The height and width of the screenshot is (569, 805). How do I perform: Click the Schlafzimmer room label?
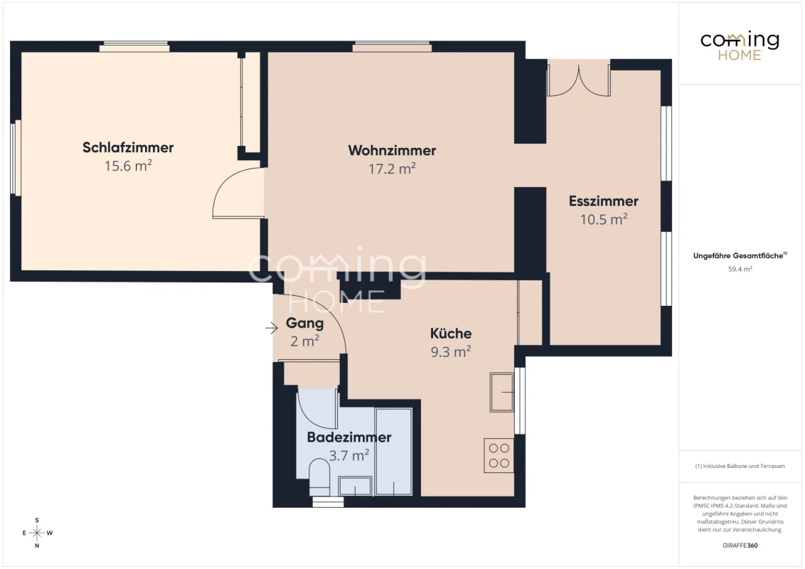point(128,148)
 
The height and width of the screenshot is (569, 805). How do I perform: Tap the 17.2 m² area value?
point(392,169)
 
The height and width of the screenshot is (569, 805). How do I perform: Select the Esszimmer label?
point(603,201)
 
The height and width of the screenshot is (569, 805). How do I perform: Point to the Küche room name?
point(451,334)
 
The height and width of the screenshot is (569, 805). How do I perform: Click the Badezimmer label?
point(349,437)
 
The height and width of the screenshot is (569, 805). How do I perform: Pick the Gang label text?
point(305,324)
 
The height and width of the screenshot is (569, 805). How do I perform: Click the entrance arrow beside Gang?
point(272,328)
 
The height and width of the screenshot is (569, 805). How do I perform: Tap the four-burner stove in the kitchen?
point(499,455)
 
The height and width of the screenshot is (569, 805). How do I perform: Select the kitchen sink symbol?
point(501,392)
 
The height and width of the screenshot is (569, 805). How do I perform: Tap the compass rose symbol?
point(37,533)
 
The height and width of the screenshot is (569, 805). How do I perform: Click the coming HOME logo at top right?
point(740,46)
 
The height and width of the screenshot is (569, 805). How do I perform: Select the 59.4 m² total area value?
point(740,269)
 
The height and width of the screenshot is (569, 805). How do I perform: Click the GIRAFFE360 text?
point(740,546)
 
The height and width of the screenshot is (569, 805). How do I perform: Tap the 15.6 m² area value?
point(128,165)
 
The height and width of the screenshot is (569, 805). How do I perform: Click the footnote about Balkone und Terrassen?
point(740,467)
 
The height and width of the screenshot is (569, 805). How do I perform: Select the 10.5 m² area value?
point(603,219)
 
